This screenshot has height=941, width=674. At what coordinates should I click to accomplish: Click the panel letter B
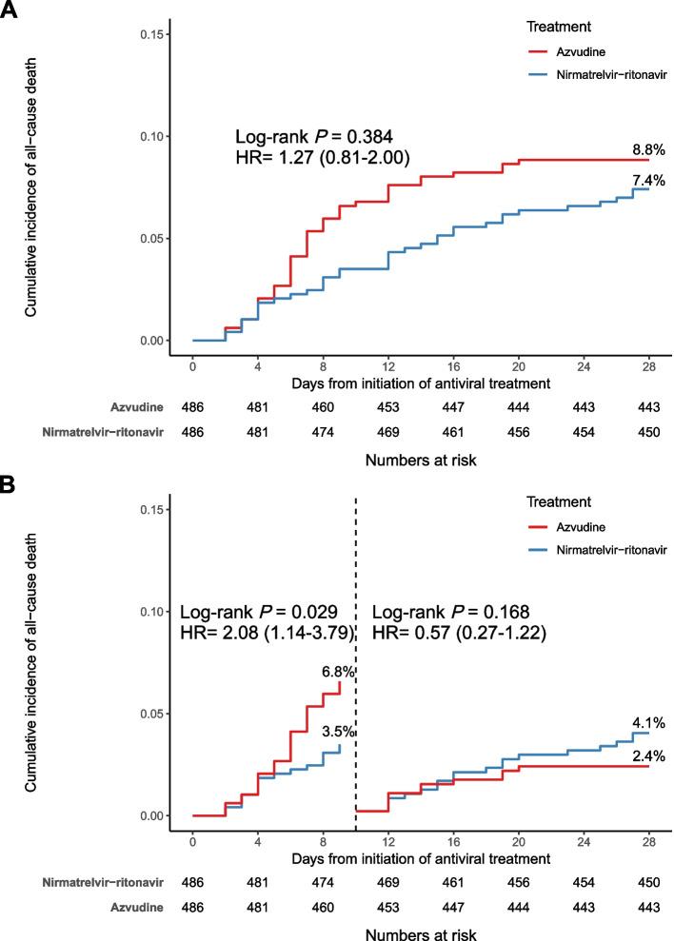[10, 484]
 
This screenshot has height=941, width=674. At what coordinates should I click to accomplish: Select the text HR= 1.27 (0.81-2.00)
[322, 158]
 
